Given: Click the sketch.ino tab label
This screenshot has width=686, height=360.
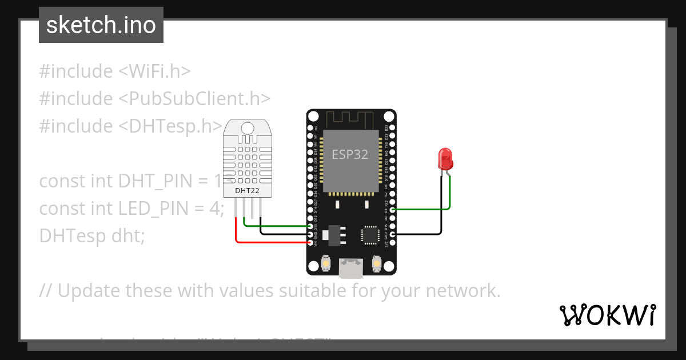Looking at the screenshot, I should click(101, 25).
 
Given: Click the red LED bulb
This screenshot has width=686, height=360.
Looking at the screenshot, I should click(445, 158).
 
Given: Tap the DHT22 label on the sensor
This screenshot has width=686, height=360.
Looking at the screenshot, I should click(248, 190).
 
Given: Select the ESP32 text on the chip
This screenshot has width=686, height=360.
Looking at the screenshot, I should click(350, 154).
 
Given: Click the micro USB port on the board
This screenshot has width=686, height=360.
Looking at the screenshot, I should click(350, 267).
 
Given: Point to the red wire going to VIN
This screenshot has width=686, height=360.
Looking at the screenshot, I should click(269, 242).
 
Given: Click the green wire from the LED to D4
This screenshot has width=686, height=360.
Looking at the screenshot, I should click(423, 209).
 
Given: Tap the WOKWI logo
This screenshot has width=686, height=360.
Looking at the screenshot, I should click(608, 315).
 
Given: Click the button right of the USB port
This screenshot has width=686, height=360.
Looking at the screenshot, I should click(376, 263).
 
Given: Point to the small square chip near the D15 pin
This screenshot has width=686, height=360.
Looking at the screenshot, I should click(369, 235).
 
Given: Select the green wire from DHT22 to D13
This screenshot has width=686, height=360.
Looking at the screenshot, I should click(274, 226).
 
